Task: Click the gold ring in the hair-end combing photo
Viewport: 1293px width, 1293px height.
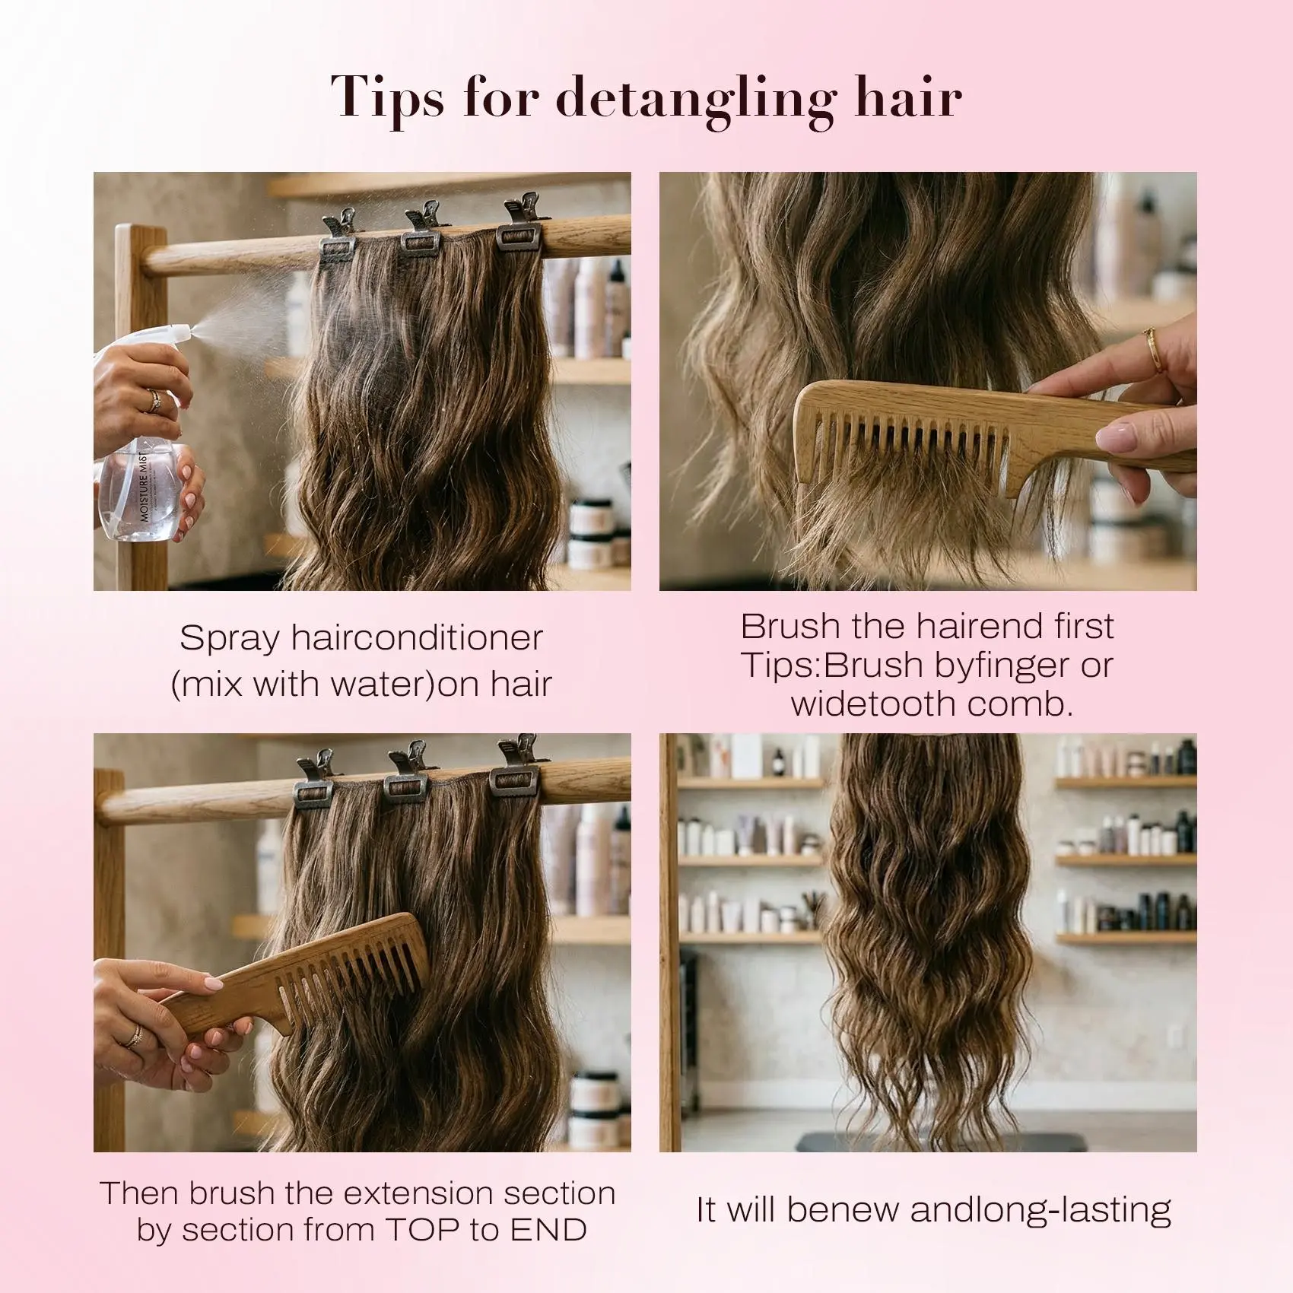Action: coord(1154,350)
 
